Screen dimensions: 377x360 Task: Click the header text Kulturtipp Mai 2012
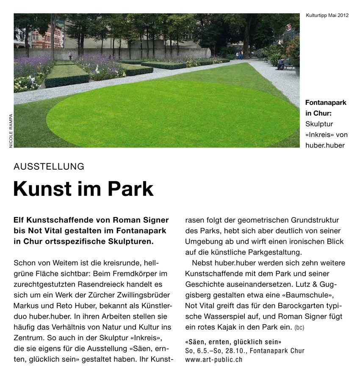click(x=327, y=16)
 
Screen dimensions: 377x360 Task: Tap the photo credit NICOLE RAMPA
click(x=11, y=131)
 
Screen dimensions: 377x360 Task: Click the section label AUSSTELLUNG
click(x=49, y=166)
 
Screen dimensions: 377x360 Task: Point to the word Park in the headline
click(x=131, y=189)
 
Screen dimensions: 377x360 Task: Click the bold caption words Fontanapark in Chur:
click(x=325, y=108)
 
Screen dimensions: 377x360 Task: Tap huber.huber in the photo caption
click(x=325, y=146)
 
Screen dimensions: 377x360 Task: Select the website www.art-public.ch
click(x=214, y=360)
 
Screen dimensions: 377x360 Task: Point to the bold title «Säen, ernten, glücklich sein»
click(x=233, y=341)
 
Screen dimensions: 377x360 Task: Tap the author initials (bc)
click(x=299, y=327)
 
